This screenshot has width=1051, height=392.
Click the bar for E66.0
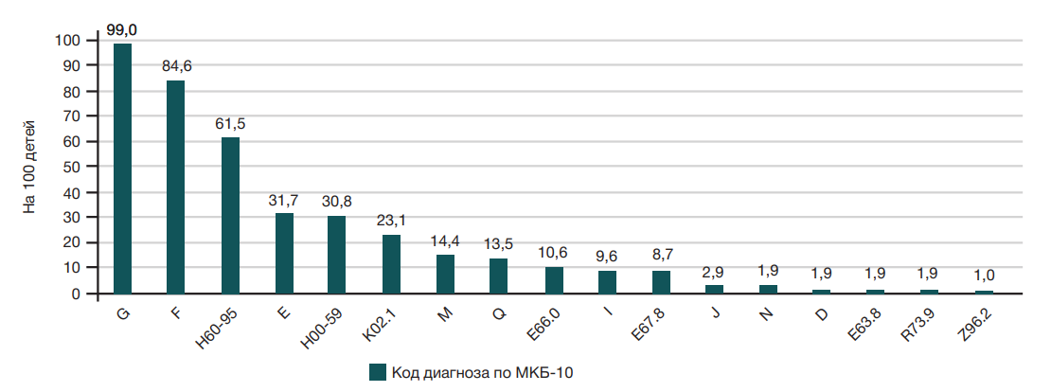coord(554,280)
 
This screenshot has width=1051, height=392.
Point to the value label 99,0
coord(122,31)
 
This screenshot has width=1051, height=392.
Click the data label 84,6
coord(176,66)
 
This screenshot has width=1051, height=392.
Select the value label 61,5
coord(230,124)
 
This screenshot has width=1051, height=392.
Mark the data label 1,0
coord(984,276)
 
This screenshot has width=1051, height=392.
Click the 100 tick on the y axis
coord(67,41)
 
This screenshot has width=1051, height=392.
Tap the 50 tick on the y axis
coord(71,168)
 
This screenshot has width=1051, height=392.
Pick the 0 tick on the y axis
coord(75,294)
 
